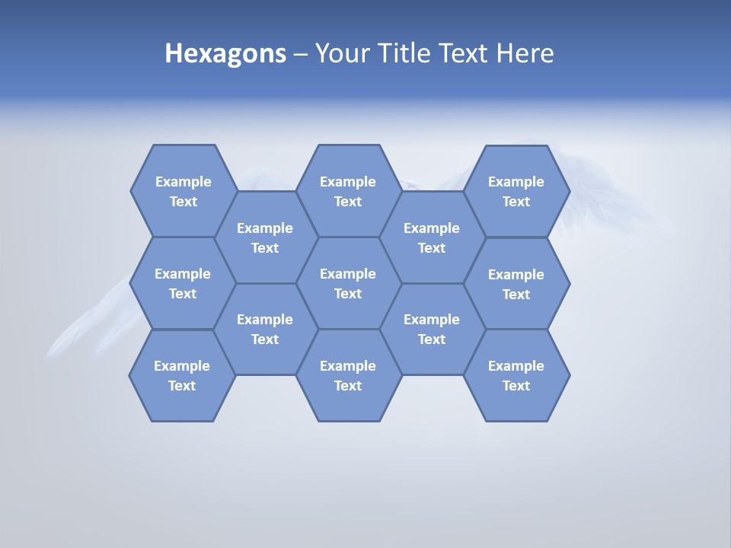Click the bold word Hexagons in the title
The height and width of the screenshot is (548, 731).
pyautogui.click(x=225, y=54)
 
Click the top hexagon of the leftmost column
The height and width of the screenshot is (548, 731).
pyautogui.click(x=183, y=191)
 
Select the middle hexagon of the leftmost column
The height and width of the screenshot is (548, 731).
pyautogui.click(x=183, y=283)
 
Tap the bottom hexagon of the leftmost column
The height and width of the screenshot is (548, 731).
pyautogui.click(x=182, y=375)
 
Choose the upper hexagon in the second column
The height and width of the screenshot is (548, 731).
pyautogui.click(x=265, y=237)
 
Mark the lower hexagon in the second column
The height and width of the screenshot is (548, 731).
pyautogui.click(x=265, y=329)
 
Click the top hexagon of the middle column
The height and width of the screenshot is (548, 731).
pyautogui.click(x=348, y=191)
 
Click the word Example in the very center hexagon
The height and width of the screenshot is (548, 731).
pyautogui.click(x=348, y=274)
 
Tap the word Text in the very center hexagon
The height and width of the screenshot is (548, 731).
pyautogui.click(x=348, y=294)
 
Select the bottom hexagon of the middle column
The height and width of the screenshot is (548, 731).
pyautogui.click(x=348, y=375)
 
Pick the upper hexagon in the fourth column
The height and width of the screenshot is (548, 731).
pyautogui.click(x=432, y=237)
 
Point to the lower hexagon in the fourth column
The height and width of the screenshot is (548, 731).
pyautogui.click(x=432, y=329)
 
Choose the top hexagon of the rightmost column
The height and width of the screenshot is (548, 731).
pyautogui.click(x=516, y=191)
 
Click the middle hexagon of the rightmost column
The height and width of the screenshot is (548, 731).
pyautogui.click(x=516, y=284)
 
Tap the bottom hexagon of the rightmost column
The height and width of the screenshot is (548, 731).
pyautogui.click(x=516, y=375)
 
